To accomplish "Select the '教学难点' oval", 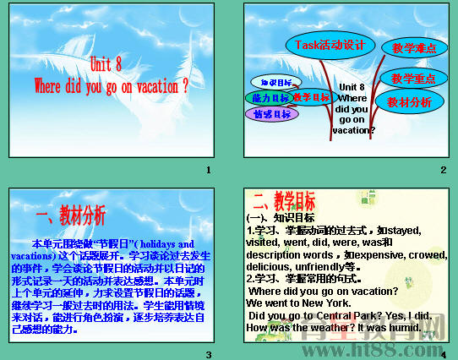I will click(415, 48).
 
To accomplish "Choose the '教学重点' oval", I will click(413, 78).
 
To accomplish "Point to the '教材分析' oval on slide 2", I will click(410, 102).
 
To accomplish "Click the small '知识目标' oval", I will click(275, 82).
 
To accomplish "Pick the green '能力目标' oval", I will click(268, 98).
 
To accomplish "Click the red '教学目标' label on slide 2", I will click(312, 97).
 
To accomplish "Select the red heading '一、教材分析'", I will click(72, 214).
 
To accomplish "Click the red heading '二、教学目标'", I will click(284, 200).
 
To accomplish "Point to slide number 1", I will click(208, 172).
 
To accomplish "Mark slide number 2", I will click(443, 172).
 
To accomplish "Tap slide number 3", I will click(208, 352).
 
